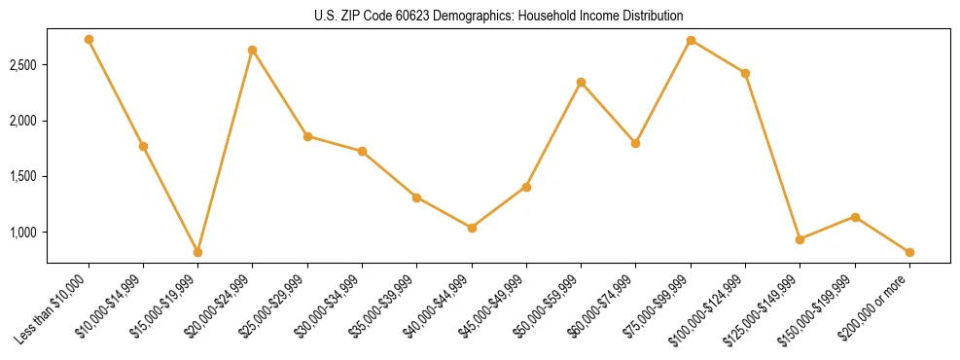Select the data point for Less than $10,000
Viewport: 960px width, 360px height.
point(89,40)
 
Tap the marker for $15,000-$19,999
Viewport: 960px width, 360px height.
point(197,252)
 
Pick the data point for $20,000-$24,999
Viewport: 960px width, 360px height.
point(253,50)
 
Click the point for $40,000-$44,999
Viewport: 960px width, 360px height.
point(472,228)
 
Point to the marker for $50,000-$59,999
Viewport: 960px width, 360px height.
point(581,82)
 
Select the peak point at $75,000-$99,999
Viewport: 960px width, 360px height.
point(691,40)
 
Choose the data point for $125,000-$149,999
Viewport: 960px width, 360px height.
point(800,239)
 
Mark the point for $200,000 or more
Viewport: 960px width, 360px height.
point(909,252)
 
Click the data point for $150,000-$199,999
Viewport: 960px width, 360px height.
point(855,217)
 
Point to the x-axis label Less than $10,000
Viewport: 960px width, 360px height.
point(52,308)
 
